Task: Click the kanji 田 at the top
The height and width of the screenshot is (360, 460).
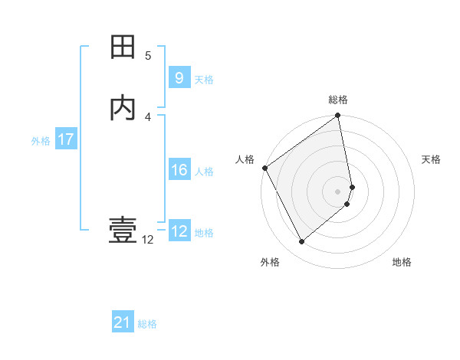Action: pos(123,47)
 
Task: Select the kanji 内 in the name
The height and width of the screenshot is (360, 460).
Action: pos(123,108)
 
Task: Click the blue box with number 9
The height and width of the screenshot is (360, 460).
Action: pos(179,78)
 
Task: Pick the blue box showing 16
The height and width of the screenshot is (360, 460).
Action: pos(179,170)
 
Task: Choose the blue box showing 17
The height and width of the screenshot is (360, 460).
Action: pos(65,139)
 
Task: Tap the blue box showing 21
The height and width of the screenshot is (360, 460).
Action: pos(123,323)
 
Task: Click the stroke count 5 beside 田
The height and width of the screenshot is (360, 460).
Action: pos(148,56)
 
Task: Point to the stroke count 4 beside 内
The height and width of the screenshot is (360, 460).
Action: pos(148,116)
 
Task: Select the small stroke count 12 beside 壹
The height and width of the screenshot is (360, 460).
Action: pos(147,240)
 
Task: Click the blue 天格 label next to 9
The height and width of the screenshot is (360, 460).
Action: pos(204,80)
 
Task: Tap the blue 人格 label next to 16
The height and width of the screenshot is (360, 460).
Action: pos(205,172)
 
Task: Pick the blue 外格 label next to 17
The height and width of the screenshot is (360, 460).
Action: pos(41,141)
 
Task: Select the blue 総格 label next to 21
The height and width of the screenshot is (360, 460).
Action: pos(147,325)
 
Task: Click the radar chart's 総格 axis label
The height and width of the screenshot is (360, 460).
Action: pos(338,100)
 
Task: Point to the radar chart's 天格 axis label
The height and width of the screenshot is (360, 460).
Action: pos(432,159)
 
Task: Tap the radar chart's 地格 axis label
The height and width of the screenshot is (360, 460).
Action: pos(402,263)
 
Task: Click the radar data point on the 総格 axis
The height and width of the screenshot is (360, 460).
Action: pos(337,116)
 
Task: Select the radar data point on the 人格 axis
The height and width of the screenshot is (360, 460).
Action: pos(264,168)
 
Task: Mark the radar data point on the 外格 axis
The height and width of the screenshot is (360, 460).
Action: pos(301,241)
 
